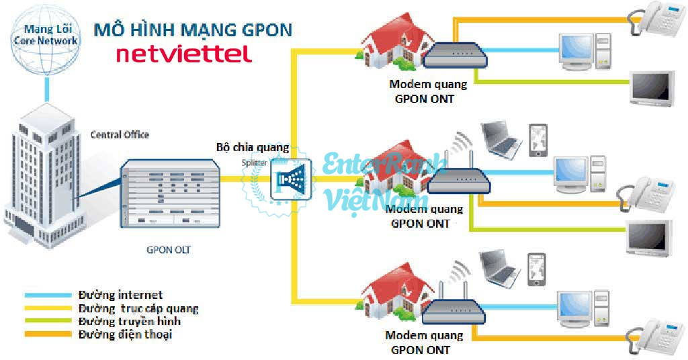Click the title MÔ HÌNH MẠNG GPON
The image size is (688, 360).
pyautogui.click(x=193, y=30)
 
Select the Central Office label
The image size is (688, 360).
pyautogui.click(x=120, y=135)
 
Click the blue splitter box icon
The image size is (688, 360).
pyautogui.click(x=294, y=179)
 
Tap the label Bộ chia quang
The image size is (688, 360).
pyautogui.click(x=253, y=147)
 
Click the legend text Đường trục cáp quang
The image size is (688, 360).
pyautogui.click(x=138, y=309)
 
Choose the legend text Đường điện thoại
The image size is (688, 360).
pyautogui.click(x=125, y=334)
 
